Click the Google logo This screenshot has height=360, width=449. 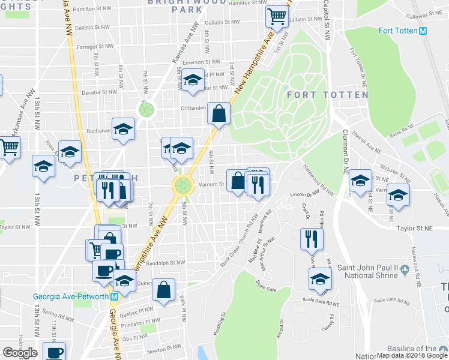pyautogui.click(x=20, y=353)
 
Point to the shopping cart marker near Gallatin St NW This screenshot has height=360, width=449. pyautogui.click(x=276, y=17)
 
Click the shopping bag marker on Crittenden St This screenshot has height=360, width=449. pyautogui.click(x=219, y=113)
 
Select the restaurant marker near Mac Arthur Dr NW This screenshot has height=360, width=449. pyautogui.click(x=312, y=239)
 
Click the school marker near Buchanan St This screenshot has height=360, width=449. pyautogui.click(x=124, y=130)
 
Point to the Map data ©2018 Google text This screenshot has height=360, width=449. pyautogui.click(x=412, y=355)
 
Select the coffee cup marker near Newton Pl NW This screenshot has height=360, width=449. pyautogui.click(x=55, y=353)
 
